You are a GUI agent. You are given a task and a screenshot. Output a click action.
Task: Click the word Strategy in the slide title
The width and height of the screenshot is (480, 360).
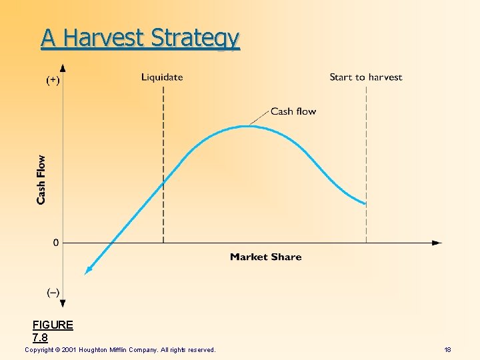tap(195, 39)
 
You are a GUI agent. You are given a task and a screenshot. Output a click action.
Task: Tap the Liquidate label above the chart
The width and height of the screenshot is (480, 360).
tap(162, 77)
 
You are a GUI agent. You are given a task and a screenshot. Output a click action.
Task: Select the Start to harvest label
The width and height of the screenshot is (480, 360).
tap(365, 77)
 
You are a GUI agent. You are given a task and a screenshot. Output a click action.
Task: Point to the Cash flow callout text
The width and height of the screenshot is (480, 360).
tap(293, 111)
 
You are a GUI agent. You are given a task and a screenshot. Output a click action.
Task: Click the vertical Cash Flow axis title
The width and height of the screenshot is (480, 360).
tap(41, 179)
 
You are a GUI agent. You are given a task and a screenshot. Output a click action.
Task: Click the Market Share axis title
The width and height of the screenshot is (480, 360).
tap(265, 257)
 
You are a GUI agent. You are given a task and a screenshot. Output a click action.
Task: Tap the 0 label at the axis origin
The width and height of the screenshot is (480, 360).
tap(56, 243)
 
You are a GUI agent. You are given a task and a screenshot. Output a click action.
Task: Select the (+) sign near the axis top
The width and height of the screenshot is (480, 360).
tap(52, 80)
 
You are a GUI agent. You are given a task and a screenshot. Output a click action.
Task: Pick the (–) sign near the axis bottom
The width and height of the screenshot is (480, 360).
tap(53, 292)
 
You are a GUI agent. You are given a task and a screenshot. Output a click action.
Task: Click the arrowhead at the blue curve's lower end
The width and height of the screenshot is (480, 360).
tap(87, 270)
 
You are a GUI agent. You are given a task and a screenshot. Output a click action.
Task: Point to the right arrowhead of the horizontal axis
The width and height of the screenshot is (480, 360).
tap(437, 243)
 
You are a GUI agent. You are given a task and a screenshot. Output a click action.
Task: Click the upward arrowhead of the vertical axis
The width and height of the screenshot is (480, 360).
tap(63, 68)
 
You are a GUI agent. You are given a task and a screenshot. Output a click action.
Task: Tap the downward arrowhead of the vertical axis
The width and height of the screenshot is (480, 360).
tap(63, 303)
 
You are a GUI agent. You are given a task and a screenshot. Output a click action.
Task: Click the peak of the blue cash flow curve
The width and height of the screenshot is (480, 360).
tap(246, 126)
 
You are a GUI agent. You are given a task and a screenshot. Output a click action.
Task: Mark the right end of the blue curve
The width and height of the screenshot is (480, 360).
tap(365, 203)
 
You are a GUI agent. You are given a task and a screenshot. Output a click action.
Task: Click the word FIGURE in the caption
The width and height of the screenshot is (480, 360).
tap(53, 325)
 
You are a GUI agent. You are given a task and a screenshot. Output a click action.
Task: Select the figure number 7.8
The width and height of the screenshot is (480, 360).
tap(40, 337)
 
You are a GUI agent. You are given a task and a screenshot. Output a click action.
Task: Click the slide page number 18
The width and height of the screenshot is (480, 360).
tap(448, 350)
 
